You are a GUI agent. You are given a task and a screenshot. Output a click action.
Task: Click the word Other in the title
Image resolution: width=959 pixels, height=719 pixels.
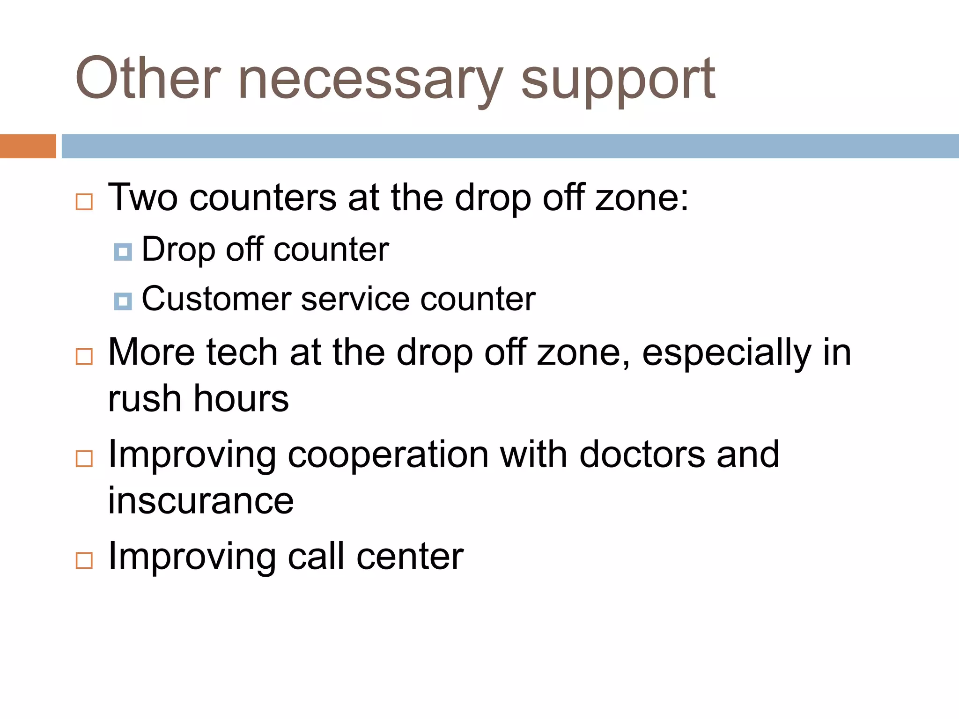click(x=148, y=78)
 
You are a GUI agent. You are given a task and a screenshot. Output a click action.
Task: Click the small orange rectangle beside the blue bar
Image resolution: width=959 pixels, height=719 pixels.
click(x=28, y=146)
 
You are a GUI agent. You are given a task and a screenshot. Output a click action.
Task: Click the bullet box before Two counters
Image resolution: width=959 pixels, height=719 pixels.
click(x=84, y=202)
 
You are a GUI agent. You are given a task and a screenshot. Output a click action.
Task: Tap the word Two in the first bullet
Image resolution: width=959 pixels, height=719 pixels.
click(x=143, y=198)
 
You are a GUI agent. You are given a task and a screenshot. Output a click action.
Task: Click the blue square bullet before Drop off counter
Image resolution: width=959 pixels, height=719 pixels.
click(x=123, y=252)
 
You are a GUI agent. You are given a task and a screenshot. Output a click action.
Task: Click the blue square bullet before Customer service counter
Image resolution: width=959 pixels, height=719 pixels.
click(x=123, y=301)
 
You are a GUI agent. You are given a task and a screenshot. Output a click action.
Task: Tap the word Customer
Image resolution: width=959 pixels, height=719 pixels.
click(x=216, y=299)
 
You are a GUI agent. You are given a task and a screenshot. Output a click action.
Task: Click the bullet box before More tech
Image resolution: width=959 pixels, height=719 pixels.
click(x=84, y=357)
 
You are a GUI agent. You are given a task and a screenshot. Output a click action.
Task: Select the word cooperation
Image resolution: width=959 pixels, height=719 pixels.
click(x=388, y=455)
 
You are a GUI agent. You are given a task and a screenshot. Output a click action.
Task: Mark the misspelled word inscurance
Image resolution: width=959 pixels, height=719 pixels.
click(x=200, y=501)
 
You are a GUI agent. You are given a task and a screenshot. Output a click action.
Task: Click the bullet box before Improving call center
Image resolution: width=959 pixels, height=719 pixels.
click(x=84, y=560)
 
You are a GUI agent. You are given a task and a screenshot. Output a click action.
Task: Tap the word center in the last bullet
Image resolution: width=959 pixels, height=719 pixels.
click(x=410, y=557)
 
